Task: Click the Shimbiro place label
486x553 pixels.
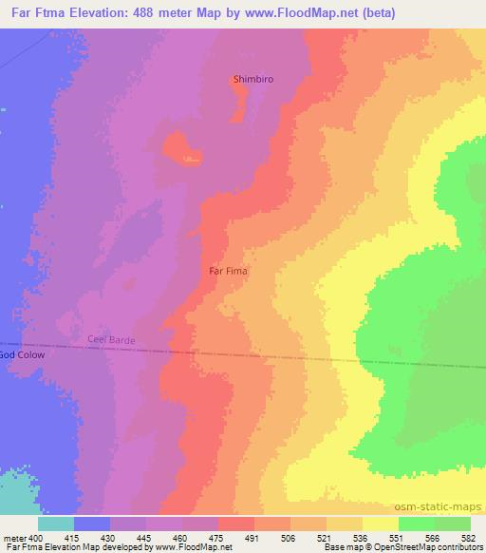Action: click(253, 79)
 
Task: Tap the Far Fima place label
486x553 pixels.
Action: click(228, 271)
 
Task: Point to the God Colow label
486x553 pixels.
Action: click(21, 354)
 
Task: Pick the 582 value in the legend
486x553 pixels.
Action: click(469, 538)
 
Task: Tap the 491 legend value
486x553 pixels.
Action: click(252, 538)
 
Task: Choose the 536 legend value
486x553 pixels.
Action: click(361, 538)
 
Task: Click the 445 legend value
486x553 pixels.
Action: click(144, 538)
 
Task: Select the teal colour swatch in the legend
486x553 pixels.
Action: click(56, 524)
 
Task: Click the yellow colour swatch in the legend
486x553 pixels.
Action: click(380, 524)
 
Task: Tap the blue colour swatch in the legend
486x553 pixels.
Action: click(92, 524)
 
